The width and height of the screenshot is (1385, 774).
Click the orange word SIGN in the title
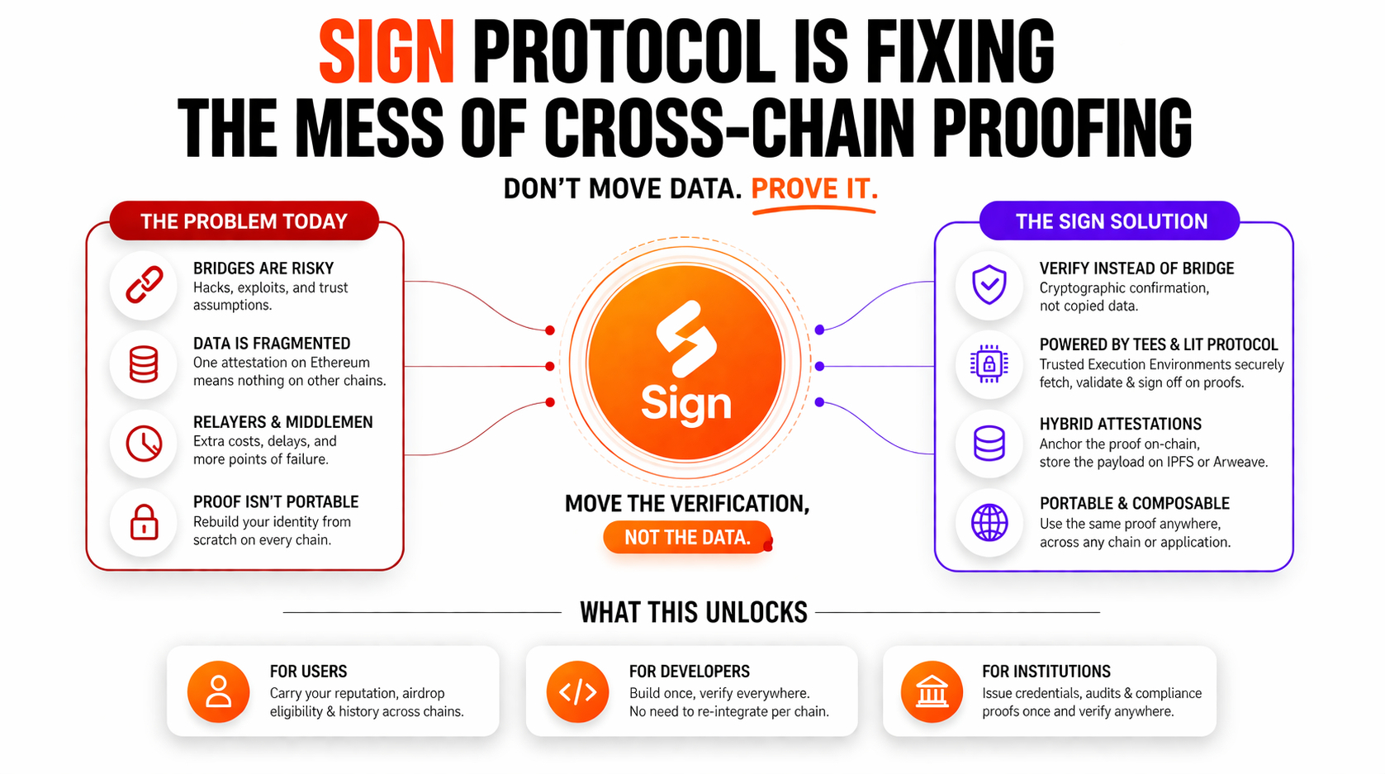click(387, 53)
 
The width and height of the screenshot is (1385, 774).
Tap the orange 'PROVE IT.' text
click(813, 189)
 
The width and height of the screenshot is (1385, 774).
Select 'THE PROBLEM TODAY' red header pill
click(244, 221)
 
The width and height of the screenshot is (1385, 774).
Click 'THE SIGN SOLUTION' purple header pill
click(1111, 221)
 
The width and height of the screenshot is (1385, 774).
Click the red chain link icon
click(144, 286)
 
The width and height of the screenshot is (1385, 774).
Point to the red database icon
click(144, 364)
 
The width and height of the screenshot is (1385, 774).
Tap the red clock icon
click(144, 444)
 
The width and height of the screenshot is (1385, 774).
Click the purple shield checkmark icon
click(989, 285)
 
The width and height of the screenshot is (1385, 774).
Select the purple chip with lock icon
click(989, 364)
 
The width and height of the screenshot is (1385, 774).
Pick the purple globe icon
click(989, 523)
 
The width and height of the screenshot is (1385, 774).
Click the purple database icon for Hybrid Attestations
click(989, 444)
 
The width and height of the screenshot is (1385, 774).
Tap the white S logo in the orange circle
click(685, 338)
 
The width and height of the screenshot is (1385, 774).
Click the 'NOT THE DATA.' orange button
click(687, 538)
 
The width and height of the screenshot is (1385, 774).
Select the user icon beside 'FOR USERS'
click(218, 691)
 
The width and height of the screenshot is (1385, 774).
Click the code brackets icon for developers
click(577, 691)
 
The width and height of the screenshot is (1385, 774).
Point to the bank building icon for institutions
click(932, 691)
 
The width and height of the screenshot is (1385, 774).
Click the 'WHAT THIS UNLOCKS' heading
click(693, 613)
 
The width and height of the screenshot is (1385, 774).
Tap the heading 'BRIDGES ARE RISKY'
click(263, 268)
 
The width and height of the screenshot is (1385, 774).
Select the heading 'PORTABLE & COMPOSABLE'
click(1134, 504)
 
